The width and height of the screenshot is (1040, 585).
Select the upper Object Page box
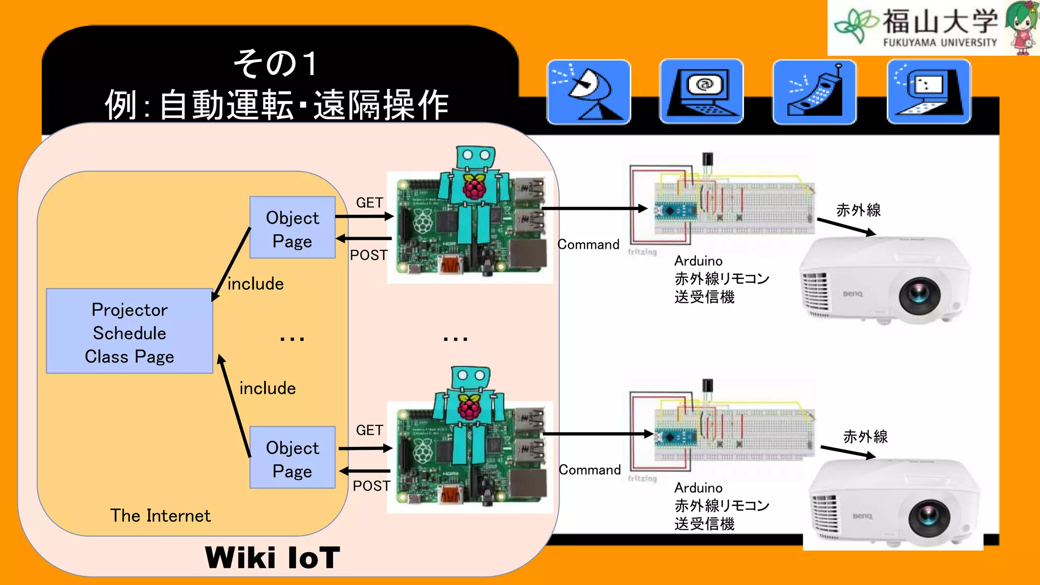[292, 228]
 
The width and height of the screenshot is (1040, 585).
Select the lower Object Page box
[292, 458]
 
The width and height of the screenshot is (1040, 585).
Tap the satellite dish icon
[589, 92]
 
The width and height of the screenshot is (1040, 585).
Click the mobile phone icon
[814, 92]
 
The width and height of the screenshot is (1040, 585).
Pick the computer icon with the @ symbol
[701, 92]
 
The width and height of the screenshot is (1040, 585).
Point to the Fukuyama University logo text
[939, 28]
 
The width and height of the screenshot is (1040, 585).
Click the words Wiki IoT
[272, 558]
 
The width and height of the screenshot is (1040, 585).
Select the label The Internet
[160, 515]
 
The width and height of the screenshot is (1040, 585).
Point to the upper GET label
[369, 203]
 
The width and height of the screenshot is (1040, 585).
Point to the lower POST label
[371, 486]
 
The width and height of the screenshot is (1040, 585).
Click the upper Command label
[589, 245]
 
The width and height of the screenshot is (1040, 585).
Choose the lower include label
[268, 388]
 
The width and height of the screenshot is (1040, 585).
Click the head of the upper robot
[475, 157]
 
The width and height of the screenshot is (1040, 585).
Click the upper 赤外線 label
[858, 210]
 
